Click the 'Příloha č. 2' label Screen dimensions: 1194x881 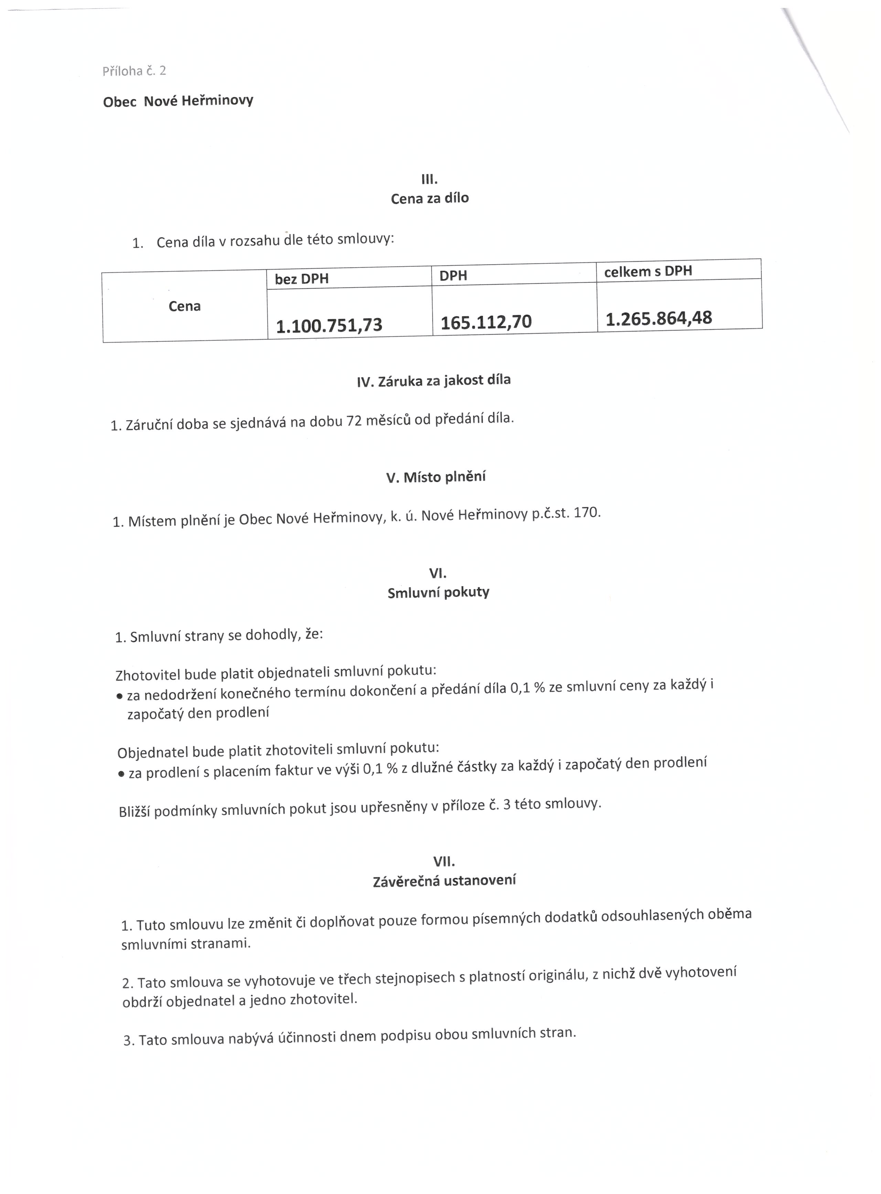[x=134, y=71]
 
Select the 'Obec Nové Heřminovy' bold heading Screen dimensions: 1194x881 [x=178, y=101]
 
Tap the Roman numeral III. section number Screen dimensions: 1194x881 [x=429, y=180]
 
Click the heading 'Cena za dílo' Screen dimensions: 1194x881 [x=430, y=198]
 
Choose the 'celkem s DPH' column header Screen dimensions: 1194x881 [x=648, y=271]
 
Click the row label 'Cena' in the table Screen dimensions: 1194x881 [x=184, y=306]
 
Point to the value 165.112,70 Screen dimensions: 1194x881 [x=486, y=322]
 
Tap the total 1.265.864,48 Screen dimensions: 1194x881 [x=659, y=318]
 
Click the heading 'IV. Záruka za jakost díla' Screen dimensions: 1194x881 [x=433, y=381]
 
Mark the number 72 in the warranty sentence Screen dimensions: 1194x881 [x=354, y=421]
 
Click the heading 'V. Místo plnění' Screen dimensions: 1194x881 [x=436, y=477]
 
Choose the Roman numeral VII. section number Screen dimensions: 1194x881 [x=444, y=862]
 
